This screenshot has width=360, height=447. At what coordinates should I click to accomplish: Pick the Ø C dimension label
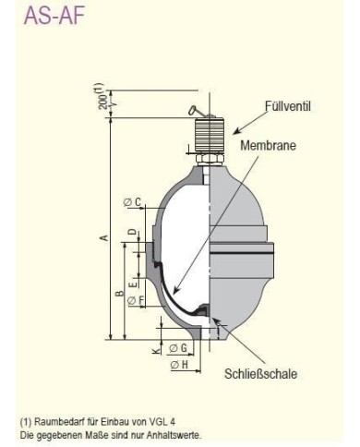(x=130, y=201)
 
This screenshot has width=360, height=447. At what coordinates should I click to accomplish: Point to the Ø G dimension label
(x=179, y=347)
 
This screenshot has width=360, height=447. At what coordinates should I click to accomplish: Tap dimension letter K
(x=156, y=351)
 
